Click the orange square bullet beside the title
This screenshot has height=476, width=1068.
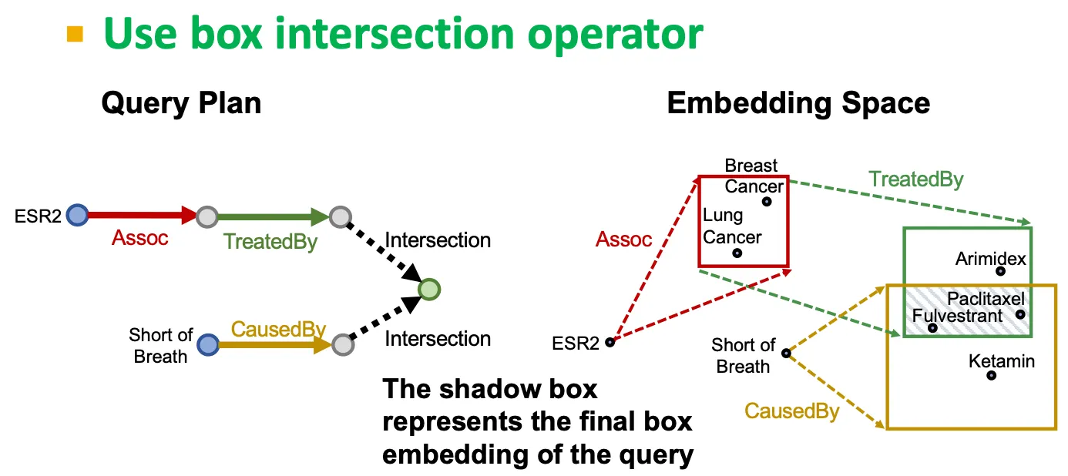tap(75, 35)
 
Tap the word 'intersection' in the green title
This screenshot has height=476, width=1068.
tap(394, 33)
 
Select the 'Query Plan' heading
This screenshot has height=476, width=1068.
tap(181, 103)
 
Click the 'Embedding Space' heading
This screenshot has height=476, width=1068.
tap(798, 103)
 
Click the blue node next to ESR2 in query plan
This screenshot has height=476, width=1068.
tap(77, 215)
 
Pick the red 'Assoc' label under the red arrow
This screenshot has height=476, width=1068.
tap(139, 238)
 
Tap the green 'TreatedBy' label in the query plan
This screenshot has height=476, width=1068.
tap(270, 242)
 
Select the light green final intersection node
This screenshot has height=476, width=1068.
tap(429, 290)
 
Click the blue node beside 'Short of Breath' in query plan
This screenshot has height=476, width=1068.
tap(208, 344)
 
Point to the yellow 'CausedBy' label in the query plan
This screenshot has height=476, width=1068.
tap(278, 329)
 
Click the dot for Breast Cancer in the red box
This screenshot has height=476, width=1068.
tap(767, 202)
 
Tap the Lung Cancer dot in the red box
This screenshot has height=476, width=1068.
tap(737, 253)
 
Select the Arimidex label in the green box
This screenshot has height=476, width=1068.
tap(990, 259)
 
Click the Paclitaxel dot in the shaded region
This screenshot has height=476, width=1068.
tap(1020, 314)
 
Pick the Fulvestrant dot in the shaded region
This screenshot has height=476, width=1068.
tap(932, 328)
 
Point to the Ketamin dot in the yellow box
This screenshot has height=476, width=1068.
tap(991, 375)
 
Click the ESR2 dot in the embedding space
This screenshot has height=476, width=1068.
tap(610, 342)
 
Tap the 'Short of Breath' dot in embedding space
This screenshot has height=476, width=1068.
tap(786, 353)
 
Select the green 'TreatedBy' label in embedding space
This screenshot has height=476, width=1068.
tap(916, 179)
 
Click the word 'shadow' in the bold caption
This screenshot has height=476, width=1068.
tap(490, 389)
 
